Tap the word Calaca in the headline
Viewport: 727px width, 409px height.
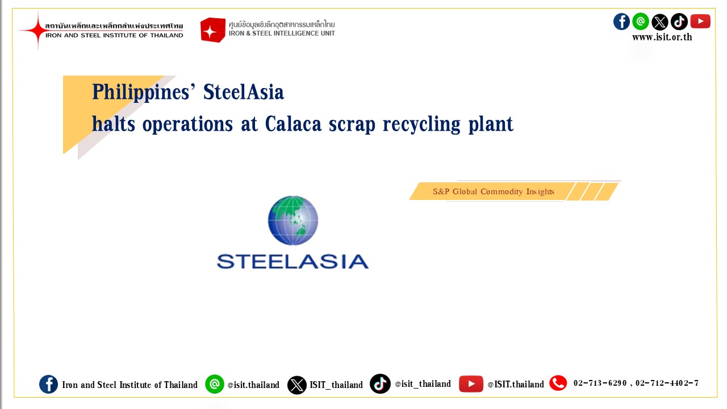coord(293,124)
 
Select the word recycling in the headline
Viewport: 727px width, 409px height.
coord(421,124)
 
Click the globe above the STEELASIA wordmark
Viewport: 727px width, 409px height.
coord(293,220)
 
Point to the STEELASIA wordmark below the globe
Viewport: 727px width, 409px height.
coord(293,262)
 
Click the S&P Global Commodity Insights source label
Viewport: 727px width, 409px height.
coord(494,191)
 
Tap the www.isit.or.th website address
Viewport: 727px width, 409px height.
coord(662,37)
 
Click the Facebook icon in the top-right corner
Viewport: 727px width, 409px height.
coord(621,22)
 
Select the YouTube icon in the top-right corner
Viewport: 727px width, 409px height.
coord(700,22)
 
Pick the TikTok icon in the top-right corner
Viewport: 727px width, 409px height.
coord(679,22)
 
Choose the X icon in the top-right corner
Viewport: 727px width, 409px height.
coord(660,22)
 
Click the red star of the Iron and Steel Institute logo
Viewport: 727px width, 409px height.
coord(37,31)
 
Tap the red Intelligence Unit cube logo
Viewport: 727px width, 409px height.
coord(212,30)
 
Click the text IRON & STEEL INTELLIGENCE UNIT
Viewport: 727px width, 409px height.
coord(282,34)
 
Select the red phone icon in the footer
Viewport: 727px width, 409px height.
coord(558,383)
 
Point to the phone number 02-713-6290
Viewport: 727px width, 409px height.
coord(600,383)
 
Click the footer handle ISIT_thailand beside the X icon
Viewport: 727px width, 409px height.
coord(336,385)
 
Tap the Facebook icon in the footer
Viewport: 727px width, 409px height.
coord(49,385)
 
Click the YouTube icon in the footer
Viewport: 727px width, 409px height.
coord(471,384)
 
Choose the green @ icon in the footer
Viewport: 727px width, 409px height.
coord(215,384)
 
